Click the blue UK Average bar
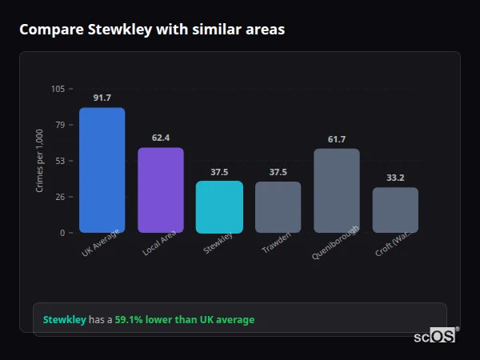102,170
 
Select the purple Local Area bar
161,190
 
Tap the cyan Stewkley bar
219,206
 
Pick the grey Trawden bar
278,207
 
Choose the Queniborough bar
337,190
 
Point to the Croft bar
395,210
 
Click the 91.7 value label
102,98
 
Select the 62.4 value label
161,138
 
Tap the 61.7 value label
337,139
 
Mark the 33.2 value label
395,178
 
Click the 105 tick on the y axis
58,89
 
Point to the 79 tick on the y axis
60,125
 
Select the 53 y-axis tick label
60,161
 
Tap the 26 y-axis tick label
60,197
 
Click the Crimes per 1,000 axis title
40,161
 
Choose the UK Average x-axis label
100,243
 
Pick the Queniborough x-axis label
335,242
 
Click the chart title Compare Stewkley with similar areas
152,30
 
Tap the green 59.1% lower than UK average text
184,320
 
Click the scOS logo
434,336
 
